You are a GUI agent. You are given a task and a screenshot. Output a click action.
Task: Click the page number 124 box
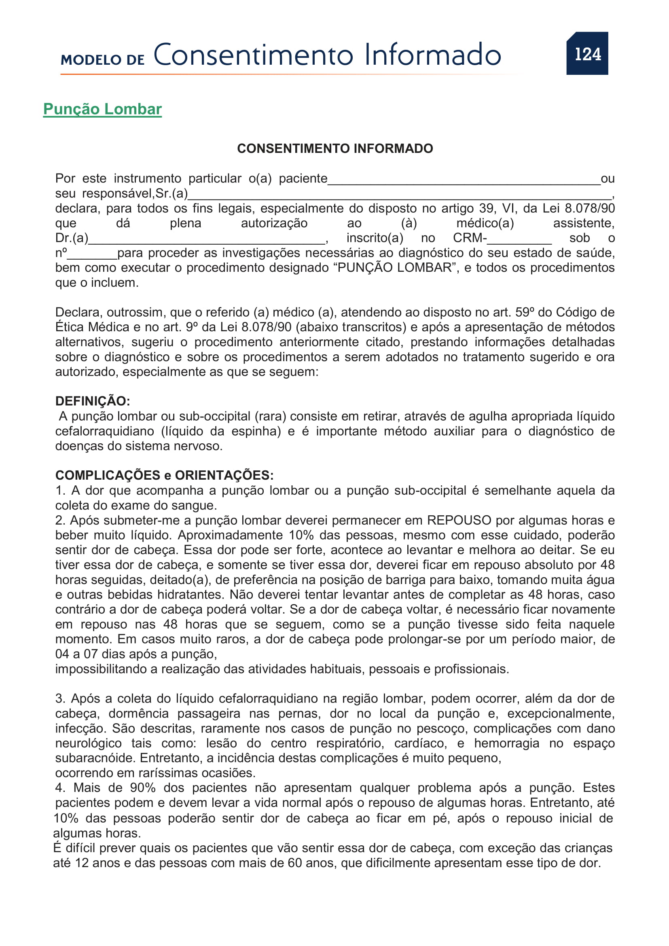click(x=587, y=53)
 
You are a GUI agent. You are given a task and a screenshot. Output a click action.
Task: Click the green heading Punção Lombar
click(x=102, y=109)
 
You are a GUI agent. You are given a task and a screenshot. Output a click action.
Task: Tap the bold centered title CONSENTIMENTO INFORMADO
click(x=334, y=148)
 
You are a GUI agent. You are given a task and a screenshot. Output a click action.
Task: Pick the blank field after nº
click(x=92, y=255)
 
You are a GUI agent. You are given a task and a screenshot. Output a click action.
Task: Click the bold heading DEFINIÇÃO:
click(x=93, y=401)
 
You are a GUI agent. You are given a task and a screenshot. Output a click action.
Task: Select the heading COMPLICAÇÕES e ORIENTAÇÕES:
click(x=164, y=475)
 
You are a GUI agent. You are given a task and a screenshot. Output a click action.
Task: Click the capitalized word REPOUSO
click(x=459, y=521)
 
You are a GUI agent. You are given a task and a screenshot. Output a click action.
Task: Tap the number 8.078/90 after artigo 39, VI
click(x=589, y=208)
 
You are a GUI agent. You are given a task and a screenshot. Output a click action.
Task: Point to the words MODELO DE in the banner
click(x=103, y=60)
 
